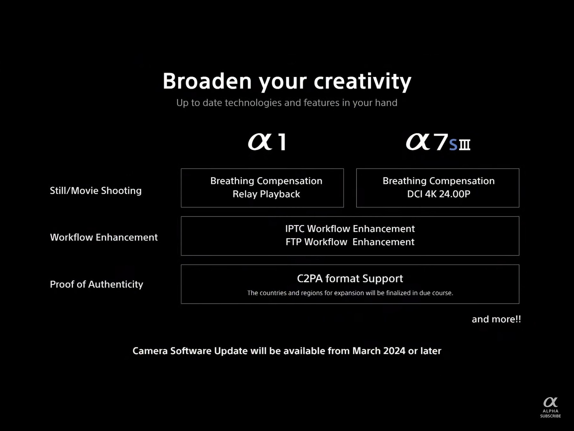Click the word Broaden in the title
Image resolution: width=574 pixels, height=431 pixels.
pyautogui.click(x=207, y=81)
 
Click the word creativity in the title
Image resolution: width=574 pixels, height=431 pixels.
pyautogui.click(x=363, y=81)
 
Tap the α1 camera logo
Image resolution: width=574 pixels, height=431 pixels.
pyautogui.click(x=267, y=142)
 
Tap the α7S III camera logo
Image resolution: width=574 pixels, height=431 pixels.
pyautogui.click(x=438, y=142)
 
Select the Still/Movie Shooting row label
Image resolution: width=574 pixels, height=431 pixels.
pyautogui.click(x=96, y=191)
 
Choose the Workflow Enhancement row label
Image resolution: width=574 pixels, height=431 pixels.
pyautogui.click(x=104, y=237)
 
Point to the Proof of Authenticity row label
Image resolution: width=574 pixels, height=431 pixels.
pyautogui.click(x=97, y=284)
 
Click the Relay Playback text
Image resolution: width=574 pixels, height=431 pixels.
pyautogui.click(x=266, y=194)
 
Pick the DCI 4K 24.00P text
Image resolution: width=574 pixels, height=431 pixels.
pyautogui.click(x=439, y=194)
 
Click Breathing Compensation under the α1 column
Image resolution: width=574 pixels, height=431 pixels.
pyautogui.click(x=266, y=181)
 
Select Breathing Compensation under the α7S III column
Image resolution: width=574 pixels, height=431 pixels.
pyautogui.click(x=439, y=181)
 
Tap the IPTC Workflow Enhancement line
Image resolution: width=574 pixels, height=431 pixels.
pyautogui.click(x=350, y=229)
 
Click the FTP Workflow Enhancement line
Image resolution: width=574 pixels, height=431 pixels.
pyautogui.click(x=350, y=242)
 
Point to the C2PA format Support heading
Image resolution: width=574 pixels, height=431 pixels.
pyautogui.click(x=350, y=279)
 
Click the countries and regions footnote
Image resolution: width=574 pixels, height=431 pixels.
pyautogui.click(x=350, y=293)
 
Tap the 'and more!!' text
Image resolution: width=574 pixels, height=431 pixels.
pyautogui.click(x=496, y=319)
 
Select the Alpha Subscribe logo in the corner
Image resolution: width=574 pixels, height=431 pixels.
pyautogui.click(x=550, y=407)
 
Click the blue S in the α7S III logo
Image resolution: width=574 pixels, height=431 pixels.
pyautogui.click(x=453, y=145)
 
